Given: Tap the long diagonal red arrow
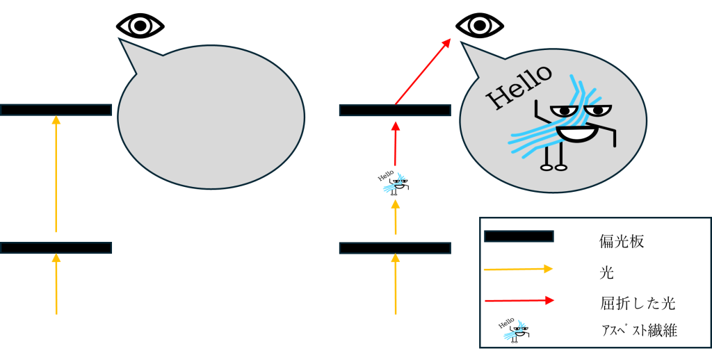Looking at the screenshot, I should [x=423, y=71].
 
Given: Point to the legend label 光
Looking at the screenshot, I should [x=606, y=273].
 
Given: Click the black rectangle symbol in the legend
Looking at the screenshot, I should [x=519, y=236].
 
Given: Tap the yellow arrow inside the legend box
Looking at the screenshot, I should [x=518, y=269].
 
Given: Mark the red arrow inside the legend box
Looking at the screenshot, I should [x=518, y=300].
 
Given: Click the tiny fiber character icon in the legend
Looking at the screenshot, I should [x=512, y=330].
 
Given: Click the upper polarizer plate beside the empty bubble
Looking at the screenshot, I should [x=56, y=110].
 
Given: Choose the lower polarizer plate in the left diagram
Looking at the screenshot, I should [x=56, y=247].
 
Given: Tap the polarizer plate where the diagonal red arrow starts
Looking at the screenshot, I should [x=395, y=110].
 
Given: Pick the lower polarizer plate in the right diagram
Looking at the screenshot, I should [x=395, y=247].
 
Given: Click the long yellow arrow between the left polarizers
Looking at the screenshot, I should [x=56, y=174].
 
